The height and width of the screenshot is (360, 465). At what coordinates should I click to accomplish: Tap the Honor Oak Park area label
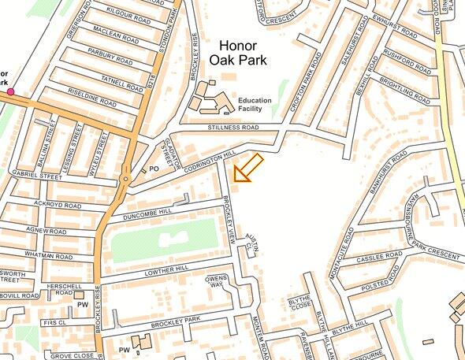(x=239, y=53)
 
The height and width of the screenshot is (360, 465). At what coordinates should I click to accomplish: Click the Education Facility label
(x=255, y=105)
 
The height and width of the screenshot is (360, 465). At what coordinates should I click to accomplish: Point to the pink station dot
(x=10, y=92)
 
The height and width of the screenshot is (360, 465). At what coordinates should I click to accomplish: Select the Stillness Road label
(x=233, y=127)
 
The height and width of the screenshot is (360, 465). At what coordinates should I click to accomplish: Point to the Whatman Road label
(x=48, y=257)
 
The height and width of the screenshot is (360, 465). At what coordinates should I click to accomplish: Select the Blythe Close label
(x=300, y=304)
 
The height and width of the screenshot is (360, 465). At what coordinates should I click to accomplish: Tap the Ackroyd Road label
(x=58, y=205)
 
